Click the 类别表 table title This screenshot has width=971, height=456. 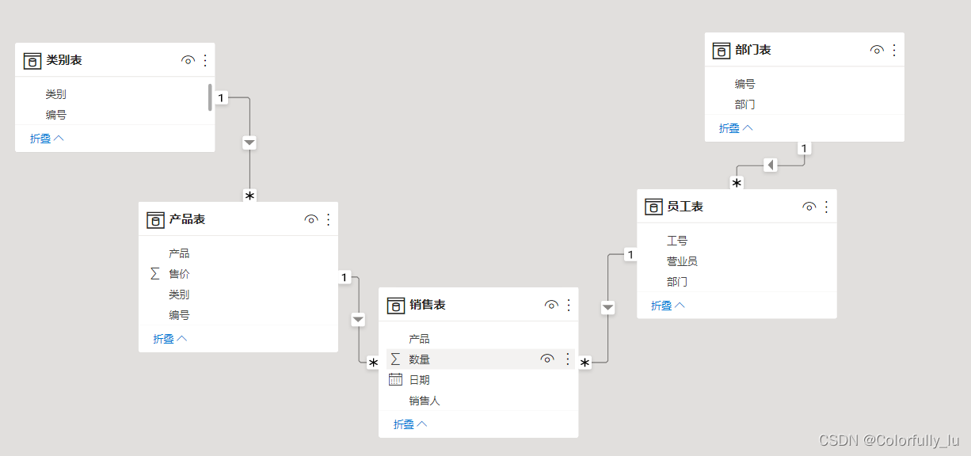(64, 60)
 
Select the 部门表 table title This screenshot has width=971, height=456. (752, 50)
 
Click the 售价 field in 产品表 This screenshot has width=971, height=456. (179, 274)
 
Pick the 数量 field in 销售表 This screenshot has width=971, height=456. (419, 359)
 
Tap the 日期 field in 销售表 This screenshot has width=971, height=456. (419, 380)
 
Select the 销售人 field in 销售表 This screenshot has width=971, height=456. (425, 401)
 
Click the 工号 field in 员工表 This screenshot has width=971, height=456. (677, 241)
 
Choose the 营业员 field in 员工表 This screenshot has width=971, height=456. (682, 261)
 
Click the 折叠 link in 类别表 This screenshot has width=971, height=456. (47, 139)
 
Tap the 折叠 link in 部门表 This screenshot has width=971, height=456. (736, 128)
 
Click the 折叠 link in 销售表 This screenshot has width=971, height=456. (410, 424)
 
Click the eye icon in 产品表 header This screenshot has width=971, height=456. (311, 220)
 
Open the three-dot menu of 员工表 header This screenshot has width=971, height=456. (827, 207)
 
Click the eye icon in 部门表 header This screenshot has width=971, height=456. (877, 50)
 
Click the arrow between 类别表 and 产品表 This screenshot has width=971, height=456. (249, 142)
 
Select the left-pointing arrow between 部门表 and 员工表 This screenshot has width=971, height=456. (771, 165)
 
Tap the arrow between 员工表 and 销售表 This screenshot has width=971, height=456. (607, 307)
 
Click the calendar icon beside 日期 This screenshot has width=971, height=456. (395, 380)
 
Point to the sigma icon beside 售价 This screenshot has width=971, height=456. (155, 274)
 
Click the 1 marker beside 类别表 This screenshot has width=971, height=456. (221, 97)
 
